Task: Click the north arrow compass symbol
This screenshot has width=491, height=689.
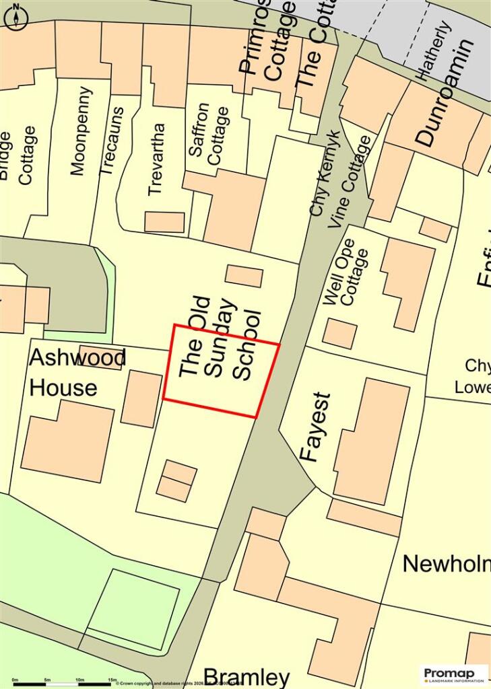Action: coord(15,15)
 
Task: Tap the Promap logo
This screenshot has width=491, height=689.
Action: coord(454,674)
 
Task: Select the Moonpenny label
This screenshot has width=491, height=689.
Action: coord(79,131)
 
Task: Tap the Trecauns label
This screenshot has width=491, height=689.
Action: coord(112,141)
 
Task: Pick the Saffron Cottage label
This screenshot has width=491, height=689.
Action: coord(209,133)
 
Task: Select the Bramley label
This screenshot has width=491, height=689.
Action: coord(247,677)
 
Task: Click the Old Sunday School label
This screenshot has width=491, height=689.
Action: coord(221,339)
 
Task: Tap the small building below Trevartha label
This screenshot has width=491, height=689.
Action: coord(164,222)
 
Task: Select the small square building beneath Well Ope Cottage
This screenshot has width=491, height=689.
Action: coord(339,334)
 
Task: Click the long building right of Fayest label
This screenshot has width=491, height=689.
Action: coord(372,440)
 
